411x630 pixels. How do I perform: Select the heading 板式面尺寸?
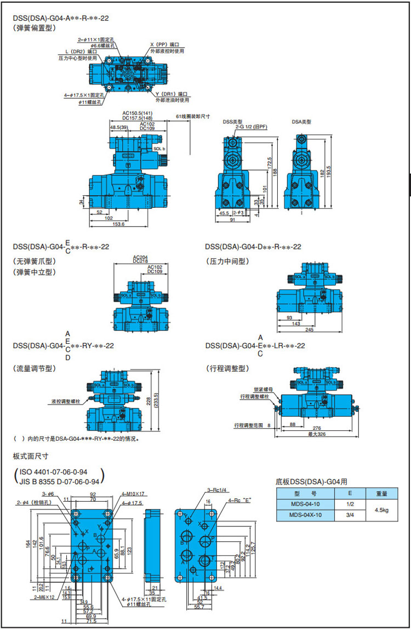click(x=31, y=456)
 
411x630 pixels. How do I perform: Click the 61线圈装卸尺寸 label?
click(x=192, y=117)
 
